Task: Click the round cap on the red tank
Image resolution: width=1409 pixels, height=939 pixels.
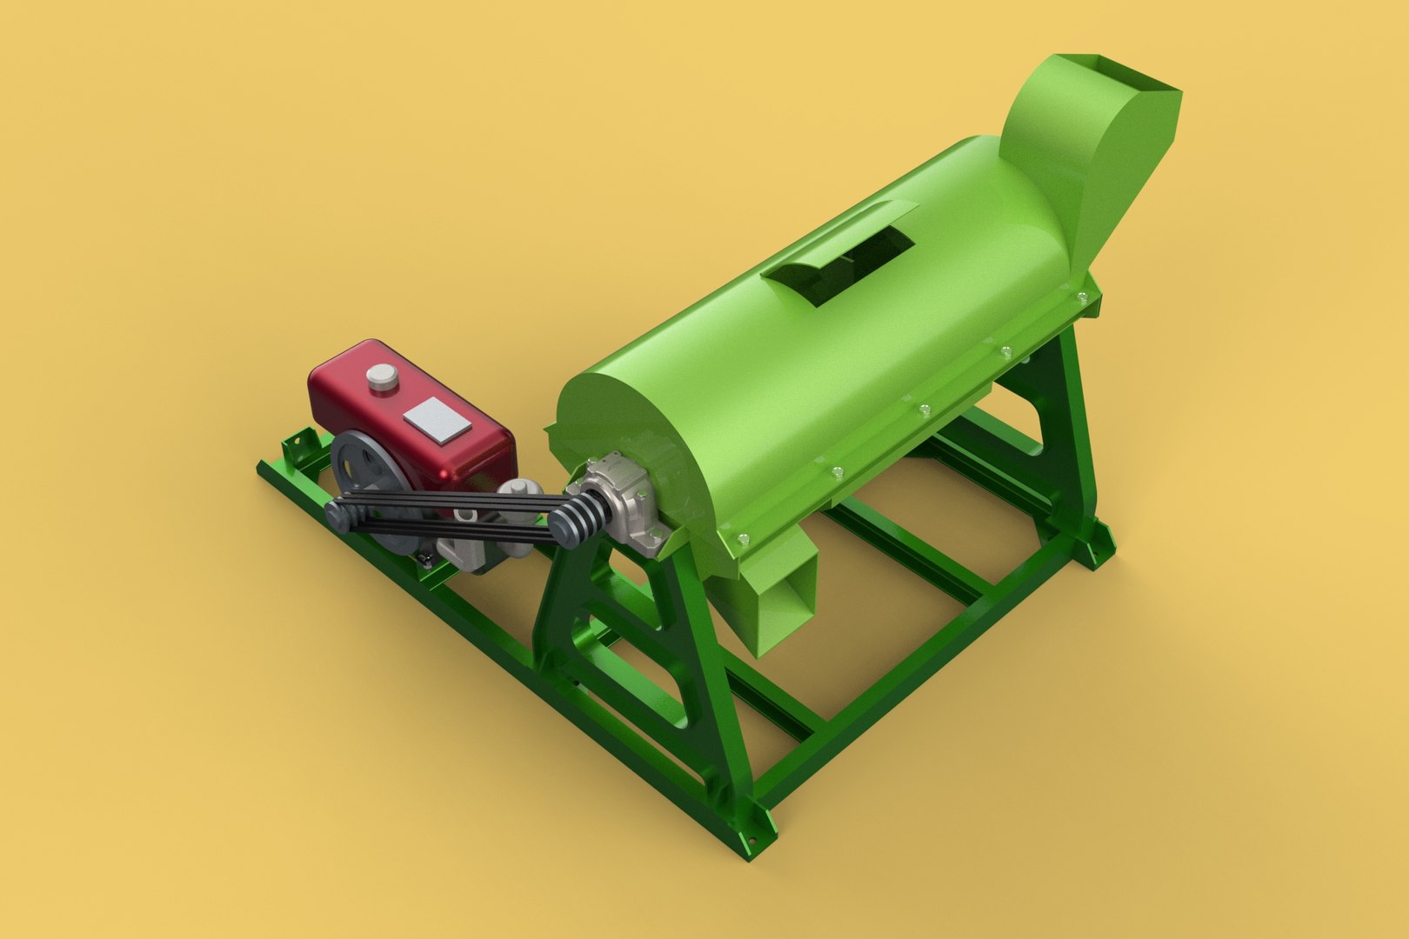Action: [x=380, y=376]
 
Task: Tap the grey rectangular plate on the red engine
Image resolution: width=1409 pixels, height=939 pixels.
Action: [x=437, y=418]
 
